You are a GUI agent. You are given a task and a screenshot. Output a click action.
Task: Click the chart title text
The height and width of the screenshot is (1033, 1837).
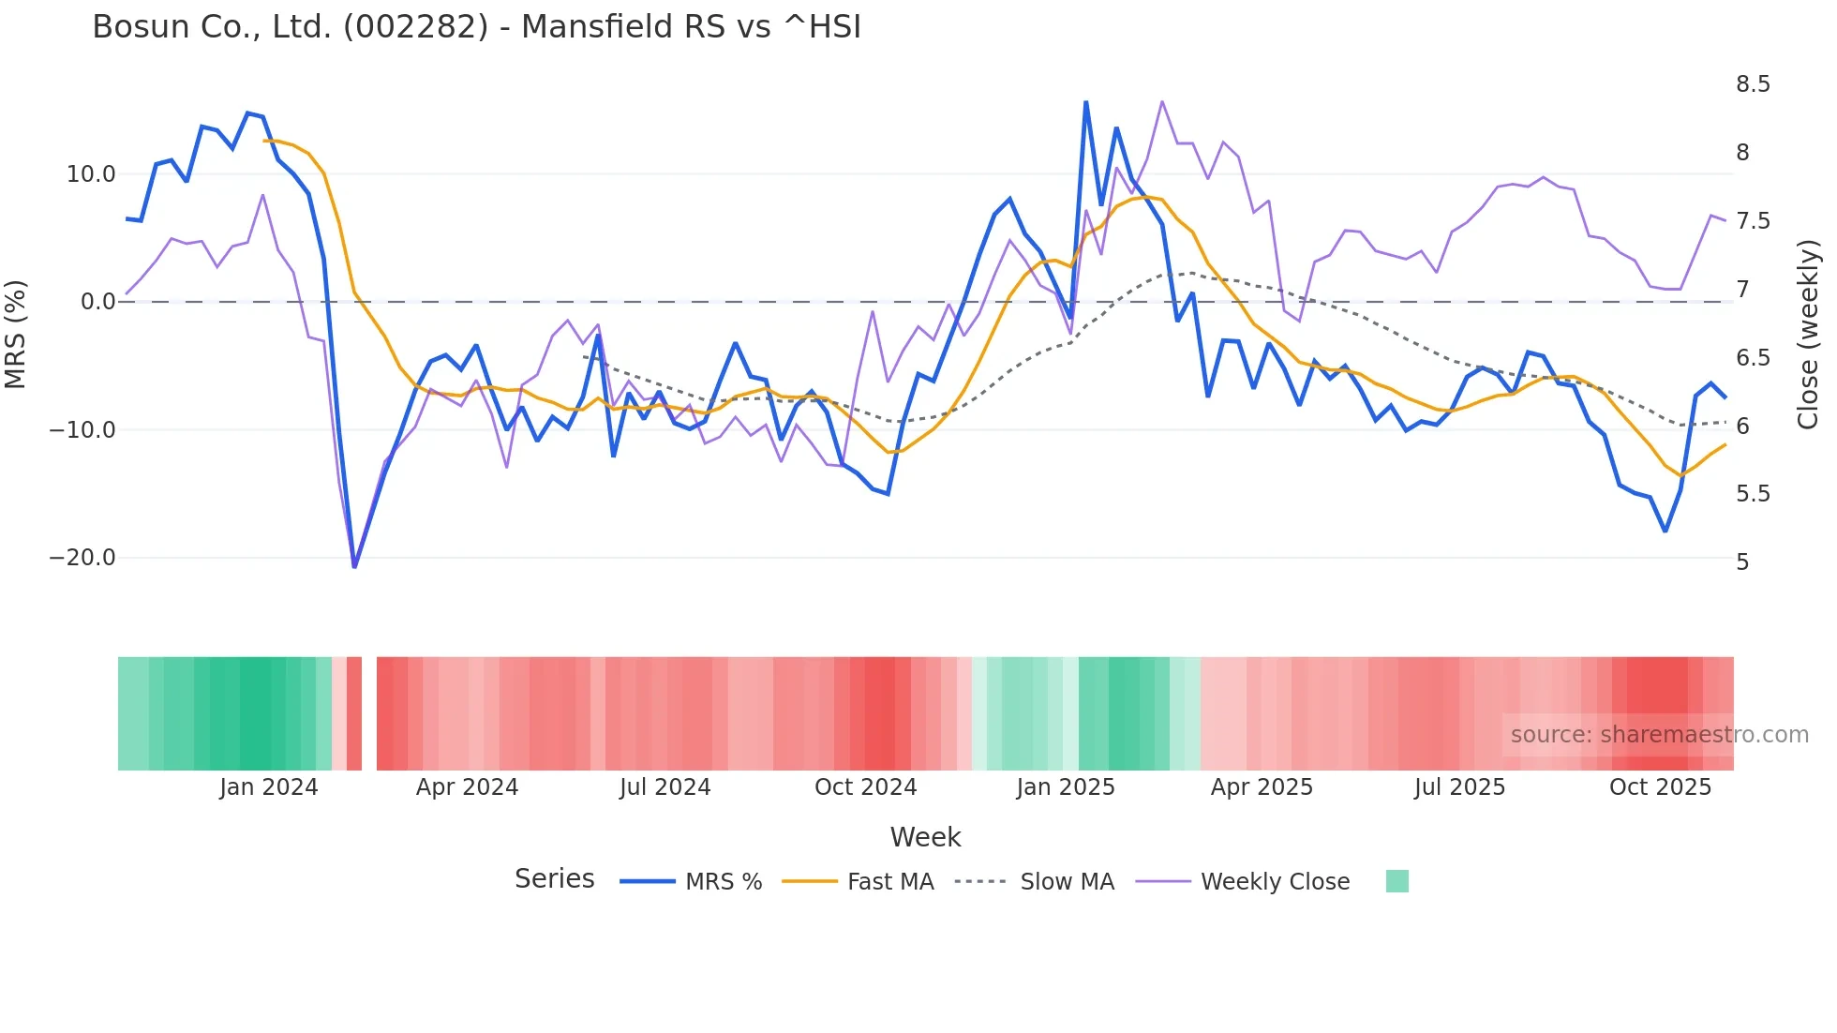click(x=476, y=27)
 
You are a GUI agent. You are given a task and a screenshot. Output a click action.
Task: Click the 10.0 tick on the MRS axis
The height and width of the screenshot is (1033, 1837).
click(x=91, y=174)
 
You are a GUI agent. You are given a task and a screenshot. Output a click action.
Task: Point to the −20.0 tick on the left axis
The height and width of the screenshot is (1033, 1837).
click(x=82, y=558)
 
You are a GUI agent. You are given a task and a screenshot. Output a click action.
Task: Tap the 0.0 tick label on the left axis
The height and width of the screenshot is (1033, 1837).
click(x=97, y=302)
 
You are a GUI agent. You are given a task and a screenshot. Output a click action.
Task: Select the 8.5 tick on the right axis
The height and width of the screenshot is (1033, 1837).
click(x=1753, y=84)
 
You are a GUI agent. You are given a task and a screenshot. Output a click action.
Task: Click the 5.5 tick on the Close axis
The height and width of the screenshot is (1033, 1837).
click(x=1753, y=494)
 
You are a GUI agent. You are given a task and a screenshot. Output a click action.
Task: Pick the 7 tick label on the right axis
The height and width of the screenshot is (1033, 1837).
click(x=1742, y=289)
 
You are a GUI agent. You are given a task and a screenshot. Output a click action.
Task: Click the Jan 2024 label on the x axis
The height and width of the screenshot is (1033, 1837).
click(x=269, y=787)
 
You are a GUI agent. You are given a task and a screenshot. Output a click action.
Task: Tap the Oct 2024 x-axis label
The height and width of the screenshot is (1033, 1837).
click(x=865, y=787)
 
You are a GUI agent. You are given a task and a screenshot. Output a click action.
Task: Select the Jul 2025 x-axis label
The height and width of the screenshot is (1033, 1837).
click(x=1459, y=787)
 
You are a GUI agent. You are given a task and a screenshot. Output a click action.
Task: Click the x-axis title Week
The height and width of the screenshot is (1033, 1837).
click(x=925, y=837)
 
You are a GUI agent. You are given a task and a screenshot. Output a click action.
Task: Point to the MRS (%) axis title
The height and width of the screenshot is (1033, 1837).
click(x=16, y=334)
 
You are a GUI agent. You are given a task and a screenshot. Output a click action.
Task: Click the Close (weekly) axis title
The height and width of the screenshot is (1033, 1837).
click(x=1808, y=334)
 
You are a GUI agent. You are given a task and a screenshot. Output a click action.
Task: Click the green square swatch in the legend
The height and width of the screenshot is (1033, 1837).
click(x=1396, y=881)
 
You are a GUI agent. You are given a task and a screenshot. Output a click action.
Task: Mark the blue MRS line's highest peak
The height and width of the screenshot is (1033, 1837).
click(x=1085, y=101)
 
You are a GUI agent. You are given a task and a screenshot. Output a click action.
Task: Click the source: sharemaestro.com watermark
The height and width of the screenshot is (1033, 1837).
click(x=1659, y=735)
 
